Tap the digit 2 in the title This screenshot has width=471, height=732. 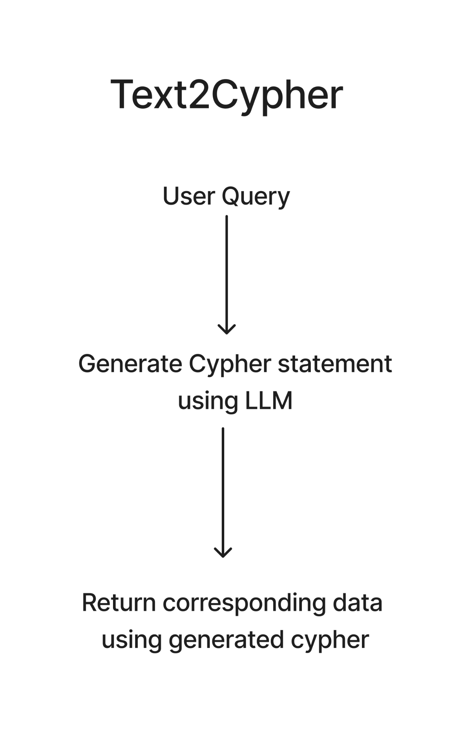tap(199, 94)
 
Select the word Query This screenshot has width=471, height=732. tap(256, 197)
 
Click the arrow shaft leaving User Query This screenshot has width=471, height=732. tap(227, 274)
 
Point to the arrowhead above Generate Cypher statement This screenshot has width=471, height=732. tap(227, 329)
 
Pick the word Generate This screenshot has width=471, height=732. tap(130, 365)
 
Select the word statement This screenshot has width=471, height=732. tap(335, 364)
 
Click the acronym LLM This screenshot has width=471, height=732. tap(269, 400)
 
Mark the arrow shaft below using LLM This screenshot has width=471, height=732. tap(223, 492)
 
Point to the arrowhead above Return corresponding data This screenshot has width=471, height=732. tap(223, 552)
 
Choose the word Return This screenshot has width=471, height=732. tap(119, 603)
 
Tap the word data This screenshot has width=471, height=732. tap(358, 603)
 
